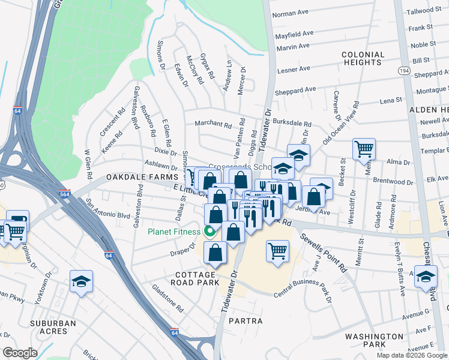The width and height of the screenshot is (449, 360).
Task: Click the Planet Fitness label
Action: pos(173,232)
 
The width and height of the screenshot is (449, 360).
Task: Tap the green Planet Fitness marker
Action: pos(209,231)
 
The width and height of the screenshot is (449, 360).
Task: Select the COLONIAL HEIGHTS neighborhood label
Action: pos(363,58)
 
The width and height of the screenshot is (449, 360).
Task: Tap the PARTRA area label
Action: pos(245,321)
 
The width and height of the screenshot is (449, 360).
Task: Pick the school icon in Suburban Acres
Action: pos(80,281)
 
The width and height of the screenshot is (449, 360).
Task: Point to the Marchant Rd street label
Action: pos(212,125)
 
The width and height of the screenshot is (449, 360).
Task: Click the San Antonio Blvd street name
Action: pos(108,208)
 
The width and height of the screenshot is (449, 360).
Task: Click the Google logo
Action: pos(20,353)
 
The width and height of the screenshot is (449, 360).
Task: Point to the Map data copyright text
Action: pos(411,355)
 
